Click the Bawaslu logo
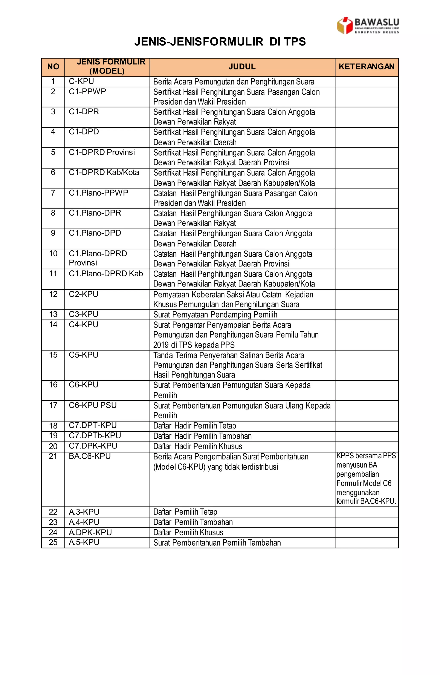(x=368, y=26)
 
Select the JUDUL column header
(x=242, y=67)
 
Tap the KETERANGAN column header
(x=366, y=67)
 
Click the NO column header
(x=53, y=67)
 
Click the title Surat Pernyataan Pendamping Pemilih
(x=215, y=315)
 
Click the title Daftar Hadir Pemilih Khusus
(x=198, y=446)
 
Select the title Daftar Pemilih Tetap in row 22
(x=185, y=512)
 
